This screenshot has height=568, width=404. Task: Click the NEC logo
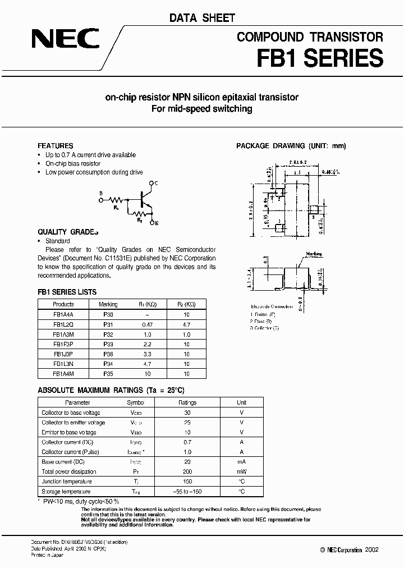(x=66, y=39)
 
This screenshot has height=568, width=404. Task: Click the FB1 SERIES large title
(x=320, y=58)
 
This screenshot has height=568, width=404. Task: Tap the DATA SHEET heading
(x=202, y=19)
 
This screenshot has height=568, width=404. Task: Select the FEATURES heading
(x=55, y=146)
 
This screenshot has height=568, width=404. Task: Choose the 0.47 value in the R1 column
(x=148, y=324)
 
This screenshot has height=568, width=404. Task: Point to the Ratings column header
(x=187, y=402)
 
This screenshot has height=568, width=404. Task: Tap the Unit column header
(x=241, y=402)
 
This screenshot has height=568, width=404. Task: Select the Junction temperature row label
(x=69, y=482)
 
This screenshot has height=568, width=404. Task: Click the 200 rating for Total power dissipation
(x=187, y=471)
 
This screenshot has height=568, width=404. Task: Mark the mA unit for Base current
(x=241, y=461)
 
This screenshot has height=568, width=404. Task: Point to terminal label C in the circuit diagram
(x=157, y=184)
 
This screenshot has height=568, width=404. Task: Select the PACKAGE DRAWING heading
(x=291, y=146)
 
